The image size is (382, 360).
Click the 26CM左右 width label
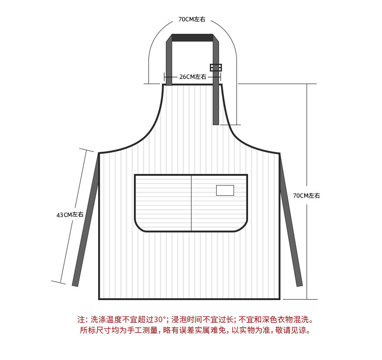click(x=192, y=77)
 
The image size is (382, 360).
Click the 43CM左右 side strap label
click(x=70, y=215)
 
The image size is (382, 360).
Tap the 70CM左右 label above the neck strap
click(x=191, y=20)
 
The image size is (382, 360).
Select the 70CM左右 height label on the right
click(x=307, y=196)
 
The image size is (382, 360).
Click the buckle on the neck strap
click(x=216, y=67)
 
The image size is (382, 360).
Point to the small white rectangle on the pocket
click(x=225, y=190)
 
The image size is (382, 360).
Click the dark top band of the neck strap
click(x=192, y=38)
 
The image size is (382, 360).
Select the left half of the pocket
click(x=163, y=203)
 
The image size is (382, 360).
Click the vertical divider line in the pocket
click(x=191, y=203)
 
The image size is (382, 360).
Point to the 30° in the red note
click(x=159, y=320)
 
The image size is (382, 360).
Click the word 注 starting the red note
click(x=81, y=320)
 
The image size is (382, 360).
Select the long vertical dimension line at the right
click(x=307, y=145)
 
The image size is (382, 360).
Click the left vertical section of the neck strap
click(x=169, y=63)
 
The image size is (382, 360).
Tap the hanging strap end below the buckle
click(x=216, y=101)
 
